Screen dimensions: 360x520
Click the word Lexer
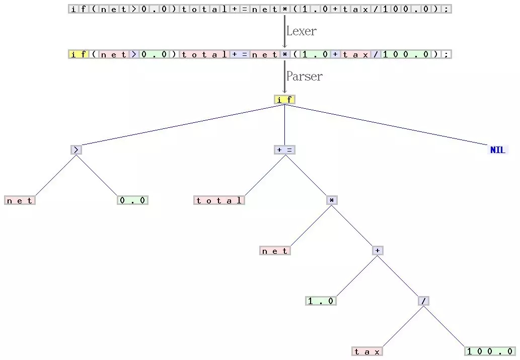pyautogui.click(x=301, y=31)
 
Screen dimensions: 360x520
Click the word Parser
pyautogui.click(x=304, y=77)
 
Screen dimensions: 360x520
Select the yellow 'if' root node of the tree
pyautogui.click(x=284, y=100)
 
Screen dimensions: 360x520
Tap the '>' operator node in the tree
pyautogui.click(x=76, y=150)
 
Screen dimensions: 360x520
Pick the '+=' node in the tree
pyautogui.click(x=284, y=150)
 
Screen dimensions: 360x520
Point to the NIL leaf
pyautogui.click(x=497, y=150)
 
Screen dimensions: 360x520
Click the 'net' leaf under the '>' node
pyautogui.click(x=20, y=200)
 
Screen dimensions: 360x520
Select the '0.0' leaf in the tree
pyautogui.click(x=133, y=200)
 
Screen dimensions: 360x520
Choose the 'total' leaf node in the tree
pyautogui.click(x=219, y=200)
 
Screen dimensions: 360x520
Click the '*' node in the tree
pyautogui.click(x=331, y=200)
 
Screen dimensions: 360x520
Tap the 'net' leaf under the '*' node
pyautogui.click(x=275, y=251)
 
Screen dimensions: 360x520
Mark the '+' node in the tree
pyautogui.click(x=378, y=250)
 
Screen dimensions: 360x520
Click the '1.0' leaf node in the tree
pyautogui.click(x=321, y=301)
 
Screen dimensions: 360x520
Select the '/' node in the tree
pyautogui.click(x=424, y=301)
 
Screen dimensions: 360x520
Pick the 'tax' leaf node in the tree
pyautogui.click(x=367, y=351)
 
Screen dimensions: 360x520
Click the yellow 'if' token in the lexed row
pyautogui.click(x=79, y=54)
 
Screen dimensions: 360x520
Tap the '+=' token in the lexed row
pyautogui.click(x=240, y=54)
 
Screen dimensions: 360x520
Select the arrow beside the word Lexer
pyautogui.click(x=284, y=31)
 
